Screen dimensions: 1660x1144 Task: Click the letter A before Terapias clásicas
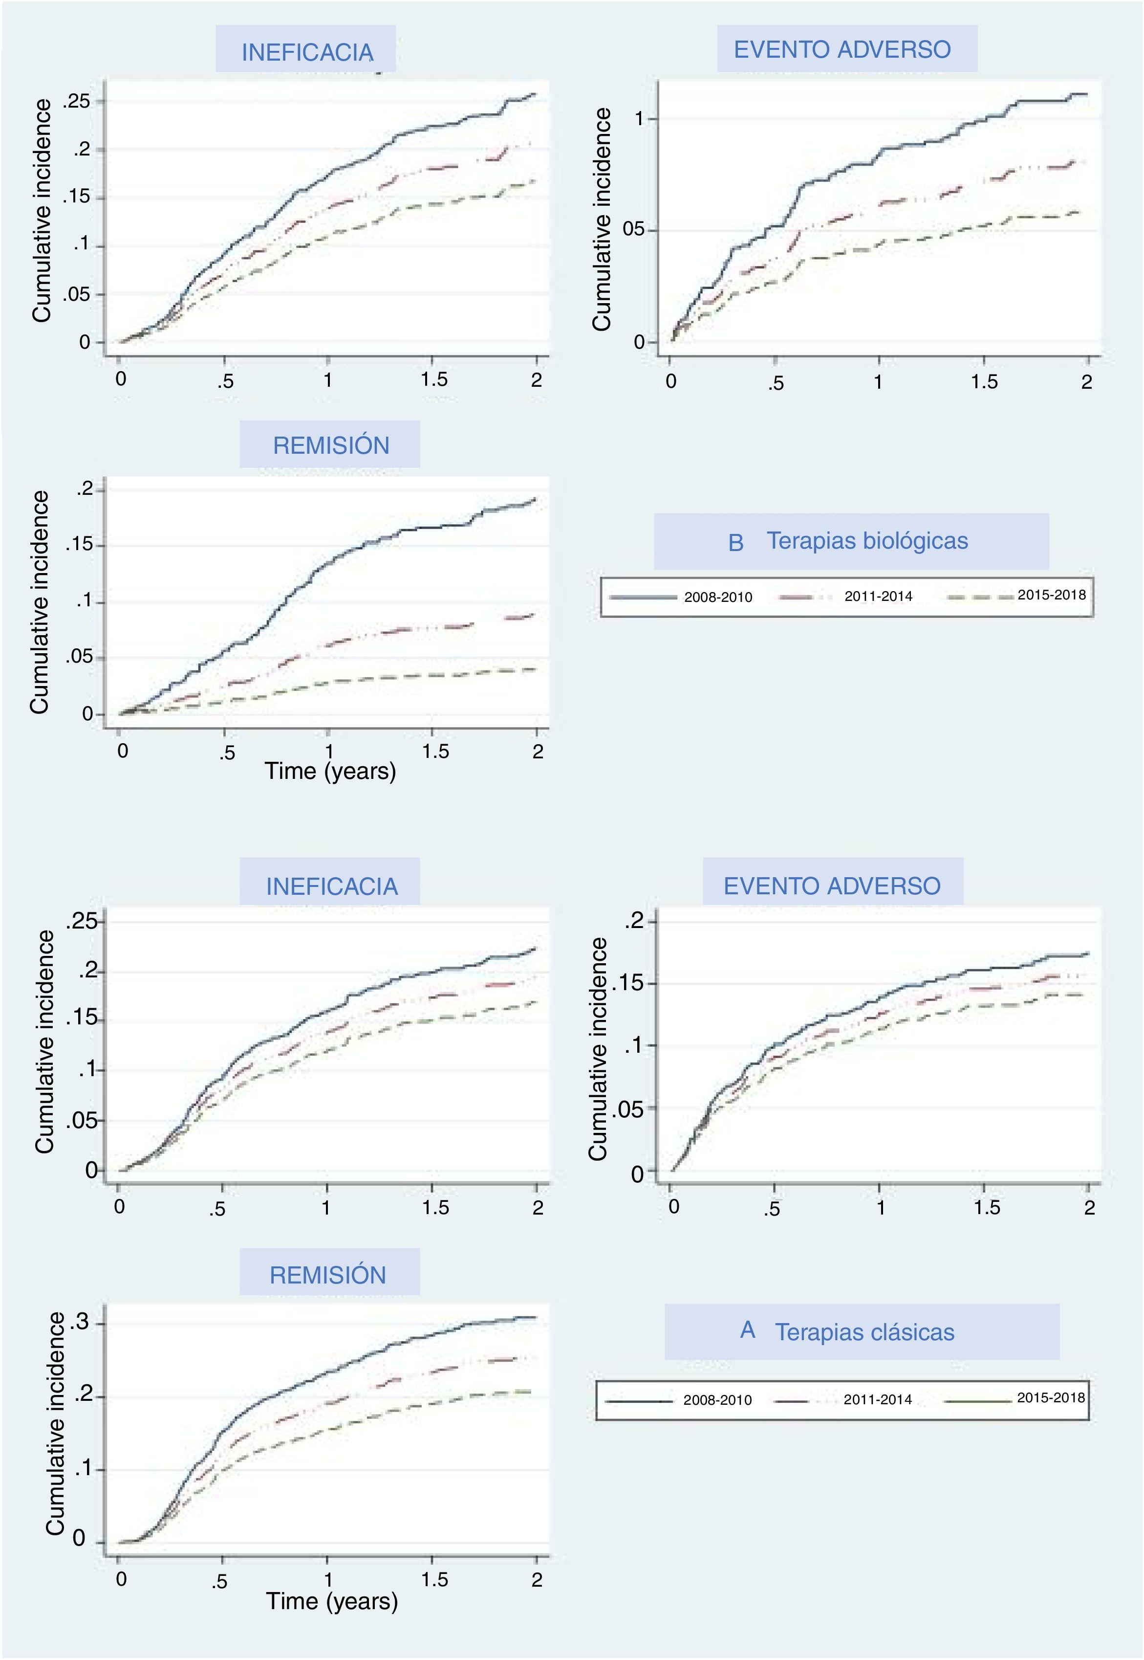(x=748, y=1330)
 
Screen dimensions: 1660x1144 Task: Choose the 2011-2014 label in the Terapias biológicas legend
(x=878, y=597)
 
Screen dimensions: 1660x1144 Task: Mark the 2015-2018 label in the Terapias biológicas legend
(x=1052, y=595)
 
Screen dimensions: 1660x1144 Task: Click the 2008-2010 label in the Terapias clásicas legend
(x=717, y=1400)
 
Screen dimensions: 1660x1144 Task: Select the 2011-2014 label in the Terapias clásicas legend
(x=877, y=1399)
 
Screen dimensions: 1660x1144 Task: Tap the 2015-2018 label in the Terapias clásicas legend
(x=1051, y=1397)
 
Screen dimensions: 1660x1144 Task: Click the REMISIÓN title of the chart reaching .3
(x=328, y=1275)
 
